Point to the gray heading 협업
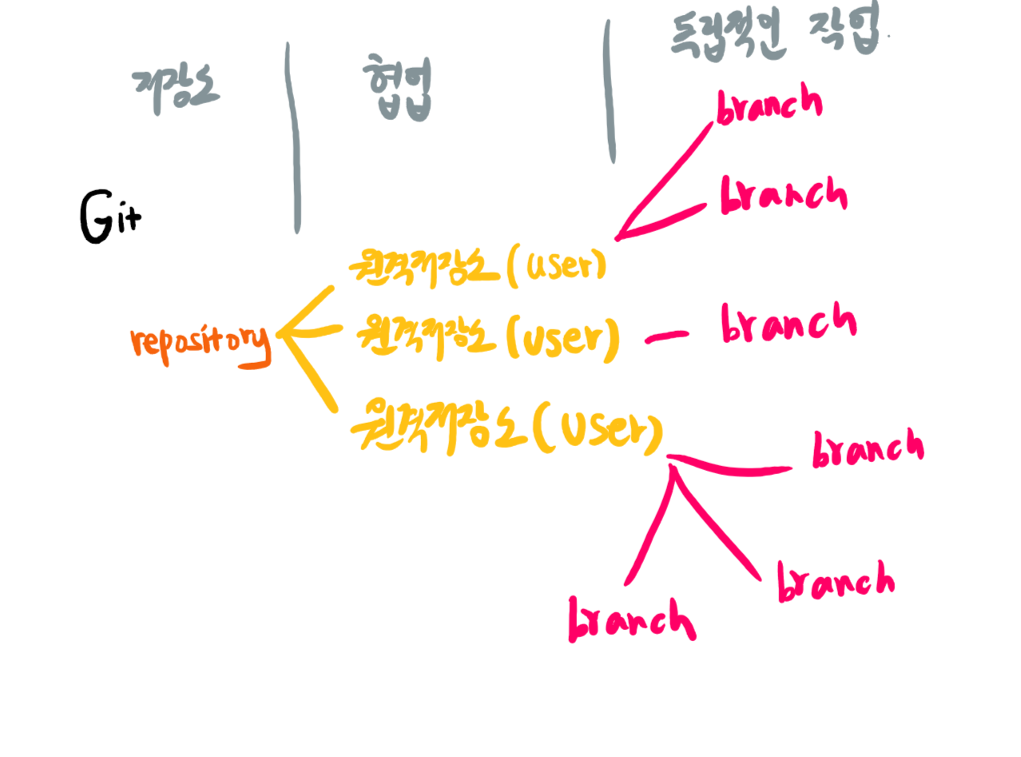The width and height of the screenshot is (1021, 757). click(397, 90)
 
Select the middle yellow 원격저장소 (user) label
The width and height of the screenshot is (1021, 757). click(487, 338)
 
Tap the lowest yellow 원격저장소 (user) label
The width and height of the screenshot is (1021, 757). click(507, 429)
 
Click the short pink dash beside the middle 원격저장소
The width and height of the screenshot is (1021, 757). click(666, 337)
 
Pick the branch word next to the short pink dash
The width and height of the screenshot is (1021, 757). click(788, 325)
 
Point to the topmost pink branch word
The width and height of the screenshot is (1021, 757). click(769, 106)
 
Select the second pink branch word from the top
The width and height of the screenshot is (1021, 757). click(783, 195)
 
